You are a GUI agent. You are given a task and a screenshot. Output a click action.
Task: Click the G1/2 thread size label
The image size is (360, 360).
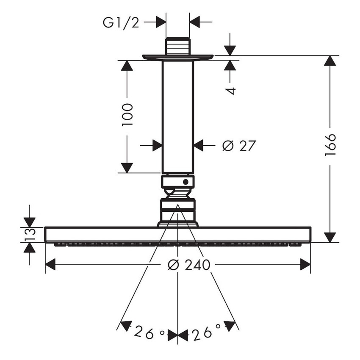(x=121, y=22)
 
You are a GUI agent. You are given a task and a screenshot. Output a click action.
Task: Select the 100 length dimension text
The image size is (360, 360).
(x=127, y=114)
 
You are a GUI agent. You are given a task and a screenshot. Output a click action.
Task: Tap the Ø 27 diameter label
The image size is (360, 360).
(x=239, y=146)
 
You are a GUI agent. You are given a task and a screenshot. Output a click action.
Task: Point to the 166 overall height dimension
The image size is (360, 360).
(x=330, y=145)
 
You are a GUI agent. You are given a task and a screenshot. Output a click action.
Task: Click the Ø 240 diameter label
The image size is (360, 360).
(x=189, y=265)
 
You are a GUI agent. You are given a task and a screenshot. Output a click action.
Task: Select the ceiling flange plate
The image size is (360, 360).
(x=177, y=57)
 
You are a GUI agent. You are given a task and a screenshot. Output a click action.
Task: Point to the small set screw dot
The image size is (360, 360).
(x=185, y=182)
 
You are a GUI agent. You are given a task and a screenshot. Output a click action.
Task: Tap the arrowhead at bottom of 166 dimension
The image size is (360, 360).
(x=330, y=237)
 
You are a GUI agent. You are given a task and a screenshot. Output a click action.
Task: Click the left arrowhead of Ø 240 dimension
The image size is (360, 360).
(x=50, y=265)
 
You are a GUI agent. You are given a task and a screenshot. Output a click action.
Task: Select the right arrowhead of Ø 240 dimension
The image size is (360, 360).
(x=305, y=265)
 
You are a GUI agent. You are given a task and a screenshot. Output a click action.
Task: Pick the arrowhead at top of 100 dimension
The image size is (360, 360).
(x=127, y=66)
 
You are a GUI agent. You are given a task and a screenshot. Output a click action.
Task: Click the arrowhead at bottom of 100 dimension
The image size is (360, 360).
(x=127, y=167)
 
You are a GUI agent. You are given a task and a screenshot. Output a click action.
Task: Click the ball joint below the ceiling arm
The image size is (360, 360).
(x=177, y=193)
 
